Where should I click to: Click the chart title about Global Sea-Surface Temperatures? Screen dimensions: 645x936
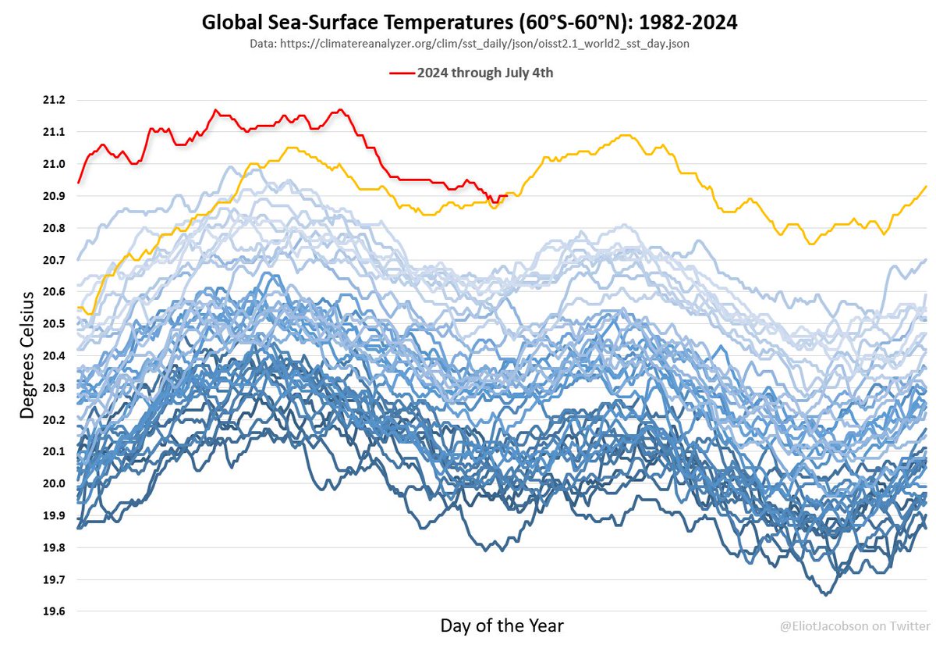tap(470, 23)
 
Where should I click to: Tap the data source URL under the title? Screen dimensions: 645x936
tap(470, 45)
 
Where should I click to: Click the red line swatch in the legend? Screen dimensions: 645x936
tap(401, 73)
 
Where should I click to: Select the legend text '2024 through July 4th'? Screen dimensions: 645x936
tap(484, 73)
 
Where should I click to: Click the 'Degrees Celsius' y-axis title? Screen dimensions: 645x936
tap(27, 355)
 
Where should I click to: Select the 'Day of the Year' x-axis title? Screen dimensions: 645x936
tap(502, 625)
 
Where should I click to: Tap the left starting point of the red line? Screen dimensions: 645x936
tap(79, 183)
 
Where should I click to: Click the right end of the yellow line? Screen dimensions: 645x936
tap(926, 186)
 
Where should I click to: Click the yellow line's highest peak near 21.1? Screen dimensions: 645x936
tap(624, 135)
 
